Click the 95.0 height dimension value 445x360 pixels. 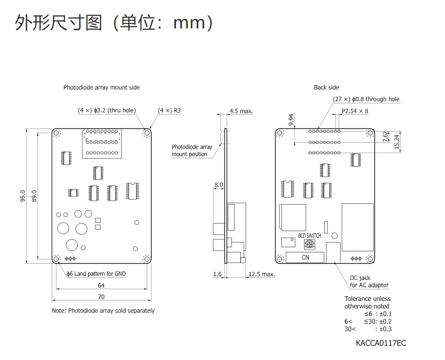23,196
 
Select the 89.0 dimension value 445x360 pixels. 34,196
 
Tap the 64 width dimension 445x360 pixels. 101,285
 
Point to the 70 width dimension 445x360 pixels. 101,297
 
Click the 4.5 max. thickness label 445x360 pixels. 241,111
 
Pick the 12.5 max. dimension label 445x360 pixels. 261,274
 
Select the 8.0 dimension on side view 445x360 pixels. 219,185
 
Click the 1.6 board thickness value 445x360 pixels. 217,274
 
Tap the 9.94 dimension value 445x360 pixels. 291,120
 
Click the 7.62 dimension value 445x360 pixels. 386,137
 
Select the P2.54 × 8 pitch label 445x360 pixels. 355,111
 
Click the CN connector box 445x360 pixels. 305,257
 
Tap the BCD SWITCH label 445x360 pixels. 309,236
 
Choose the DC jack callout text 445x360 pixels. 369,282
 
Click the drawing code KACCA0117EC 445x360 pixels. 380,343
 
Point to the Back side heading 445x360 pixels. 326,88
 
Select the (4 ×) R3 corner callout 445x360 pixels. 169,111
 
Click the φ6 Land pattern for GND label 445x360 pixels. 96,274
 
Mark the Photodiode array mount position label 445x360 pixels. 192,151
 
